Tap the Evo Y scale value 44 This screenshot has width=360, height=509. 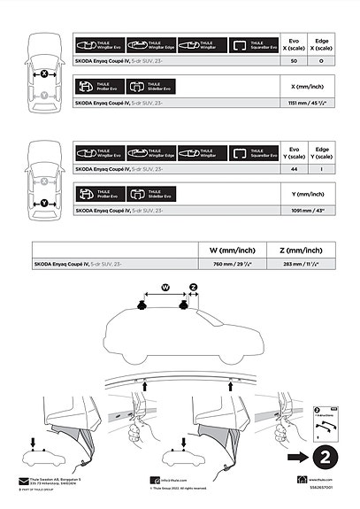click(293, 168)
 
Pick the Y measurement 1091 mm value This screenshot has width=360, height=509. click(305, 211)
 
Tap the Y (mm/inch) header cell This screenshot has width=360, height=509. click(305, 192)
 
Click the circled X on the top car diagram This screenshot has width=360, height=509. click(43, 74)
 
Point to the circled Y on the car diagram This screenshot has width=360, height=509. click(43, 204)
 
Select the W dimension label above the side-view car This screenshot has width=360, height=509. click(165, 286)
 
